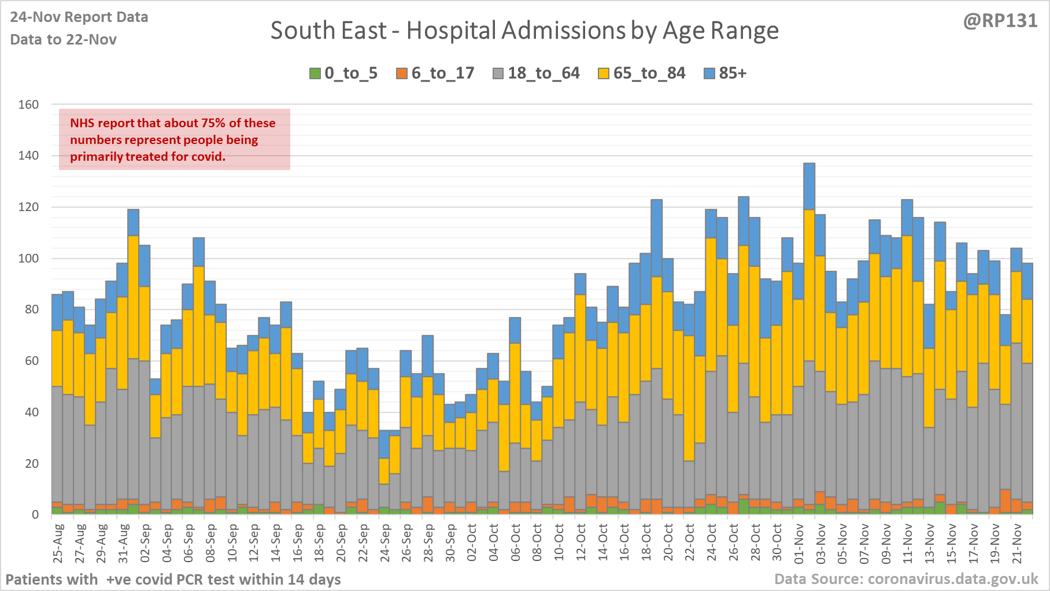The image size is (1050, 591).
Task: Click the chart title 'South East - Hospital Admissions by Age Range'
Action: pyautogui.click(x=524, y=31)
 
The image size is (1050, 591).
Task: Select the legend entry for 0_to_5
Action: pyautogui.click(x=343, y=73)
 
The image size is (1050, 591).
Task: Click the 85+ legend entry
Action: pyautogui.click(x=726, y=73)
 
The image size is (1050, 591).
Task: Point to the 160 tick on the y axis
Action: pyautogui.click(x=28, y=105)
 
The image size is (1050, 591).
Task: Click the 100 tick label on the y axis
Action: pyautogui.click(x=28, y=258)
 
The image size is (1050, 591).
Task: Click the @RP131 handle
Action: pyautogui.click(x=1000, y=21)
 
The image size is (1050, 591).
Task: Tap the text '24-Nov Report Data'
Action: pyautogui.click(x=79, y=17)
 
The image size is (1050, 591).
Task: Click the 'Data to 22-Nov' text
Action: pyautogui.click(x=64, y=40)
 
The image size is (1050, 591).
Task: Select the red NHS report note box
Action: pyautogui.click(x=174, y=139)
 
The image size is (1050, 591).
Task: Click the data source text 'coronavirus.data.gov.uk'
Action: pyautogui.click(x=953, y=579)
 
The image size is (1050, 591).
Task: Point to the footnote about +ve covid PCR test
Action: pyautogui.click(x=173, y=579)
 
